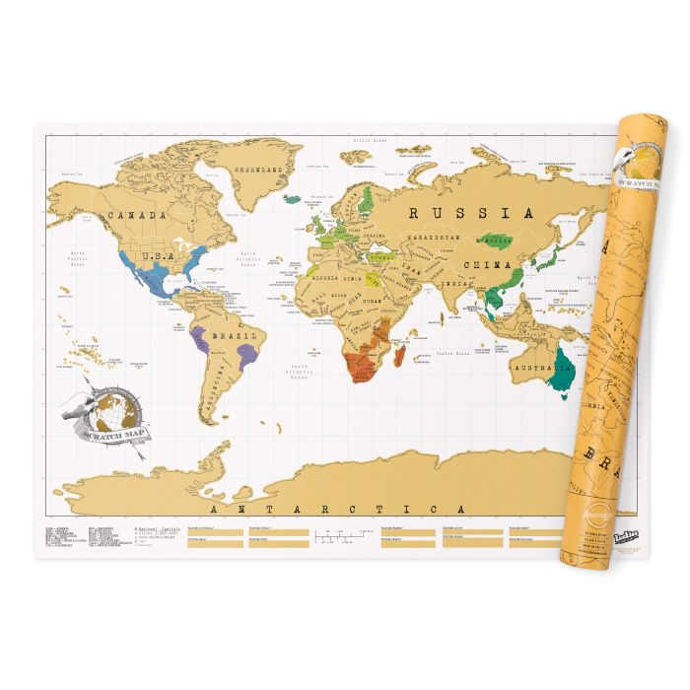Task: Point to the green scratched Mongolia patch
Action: [496, 241]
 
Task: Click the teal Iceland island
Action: [293, 198]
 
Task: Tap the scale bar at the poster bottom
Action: [336, 538]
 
